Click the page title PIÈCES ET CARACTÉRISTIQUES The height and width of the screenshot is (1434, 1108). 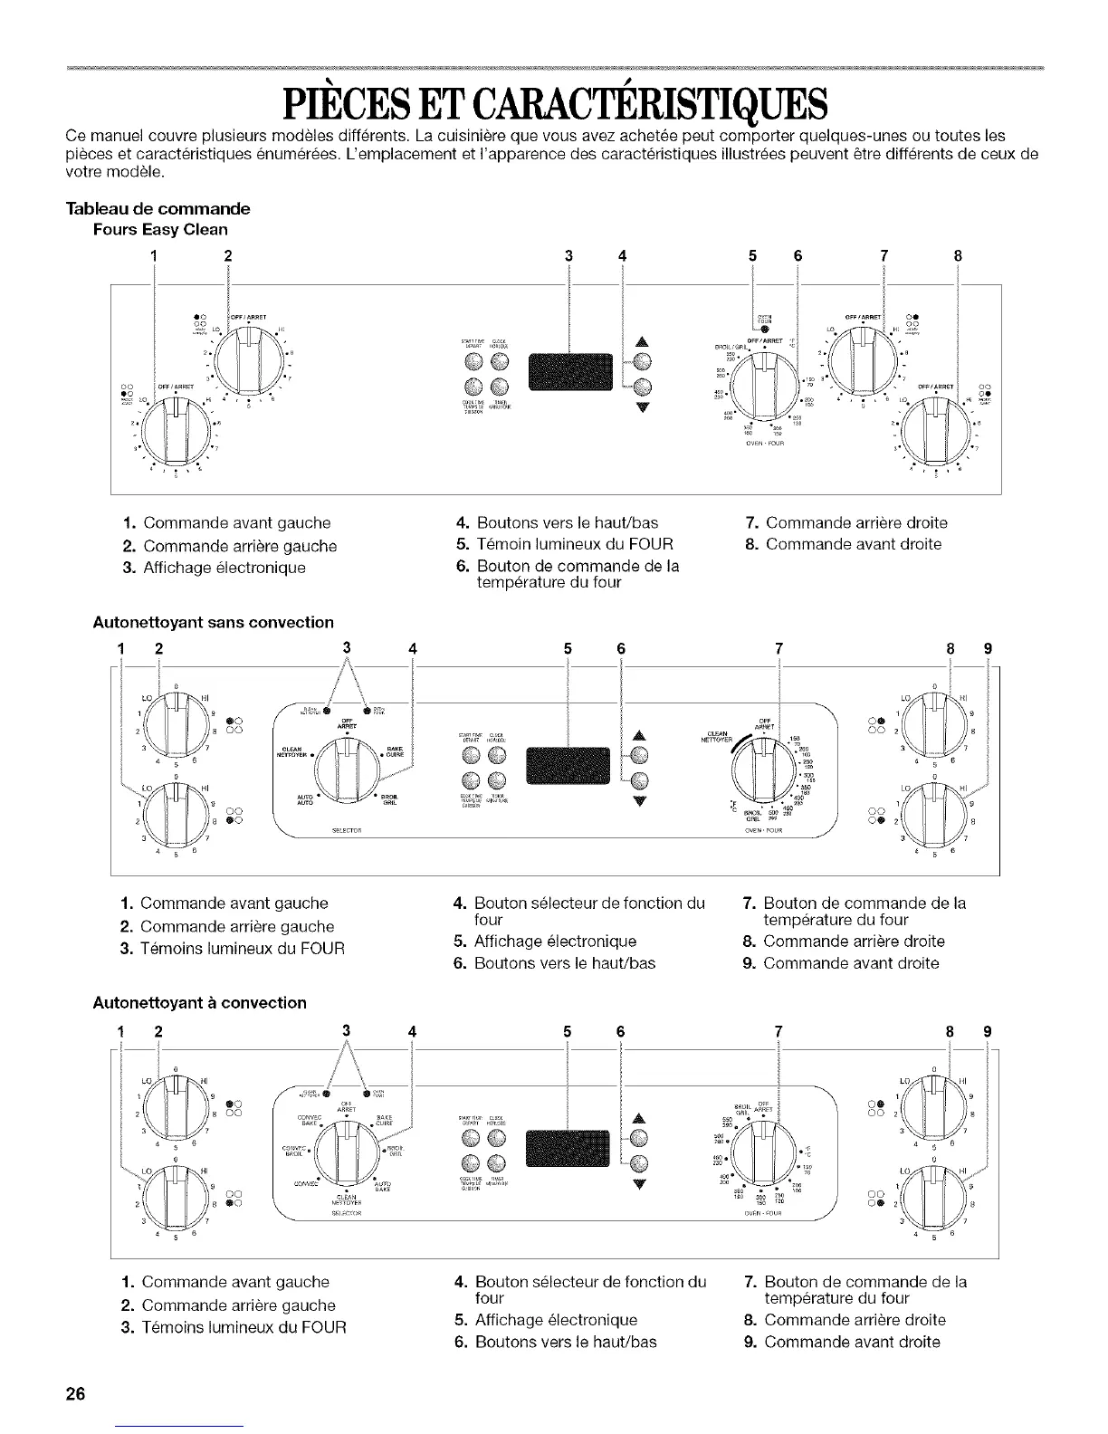tap(553, 108)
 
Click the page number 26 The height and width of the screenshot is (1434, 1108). tap(75, 1394)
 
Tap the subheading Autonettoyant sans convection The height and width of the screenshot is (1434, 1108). tap(214, 622)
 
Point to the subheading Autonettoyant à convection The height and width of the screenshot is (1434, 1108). tap(200, 1002)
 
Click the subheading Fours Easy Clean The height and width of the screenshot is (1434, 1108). tap(159, 229)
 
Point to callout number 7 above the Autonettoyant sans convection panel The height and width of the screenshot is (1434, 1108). tap(778, 648)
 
